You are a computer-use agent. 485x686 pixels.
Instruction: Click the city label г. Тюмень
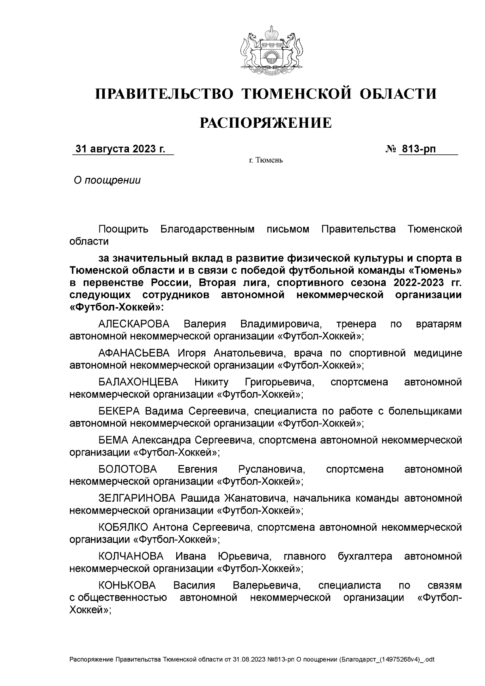coord(266,161)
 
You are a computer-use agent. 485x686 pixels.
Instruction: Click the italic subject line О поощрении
coord(107,180)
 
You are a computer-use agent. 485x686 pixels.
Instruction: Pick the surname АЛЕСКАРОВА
coord(134,324)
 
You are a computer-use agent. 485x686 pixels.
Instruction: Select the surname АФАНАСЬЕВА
coord(134,353)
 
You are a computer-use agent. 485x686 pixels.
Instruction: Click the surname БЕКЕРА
coord(119,411)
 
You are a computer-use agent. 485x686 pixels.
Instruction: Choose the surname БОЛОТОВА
coord(127,469)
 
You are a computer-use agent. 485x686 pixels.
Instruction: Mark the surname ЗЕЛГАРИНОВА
coord(137,498)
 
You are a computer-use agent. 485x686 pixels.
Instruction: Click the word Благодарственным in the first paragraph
coord(208,230)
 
